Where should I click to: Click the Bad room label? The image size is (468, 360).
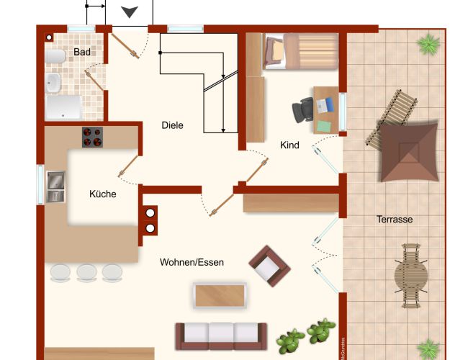(x=82, y=52)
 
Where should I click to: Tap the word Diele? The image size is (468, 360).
(x=172, y=125)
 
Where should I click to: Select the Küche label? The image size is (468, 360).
(x=103, y=194)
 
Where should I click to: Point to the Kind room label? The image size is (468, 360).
(x=289, y=145)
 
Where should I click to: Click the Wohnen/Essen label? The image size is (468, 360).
(x=192, y=262)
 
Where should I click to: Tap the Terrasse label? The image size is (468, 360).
(x=395, y=220)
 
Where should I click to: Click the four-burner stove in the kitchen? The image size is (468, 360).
(x=93, y=137)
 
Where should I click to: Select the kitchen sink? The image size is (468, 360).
(x=56, y=186)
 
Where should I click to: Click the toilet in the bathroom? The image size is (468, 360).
(x=55, y=56)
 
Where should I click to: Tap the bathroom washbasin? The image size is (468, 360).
(x=53, y=82)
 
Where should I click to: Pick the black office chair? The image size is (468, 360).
(x=302, y=110)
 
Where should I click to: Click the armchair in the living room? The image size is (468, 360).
(x=269, y=266)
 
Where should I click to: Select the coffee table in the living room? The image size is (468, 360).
(x=220, y=295)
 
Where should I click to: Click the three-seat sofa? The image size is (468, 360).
(x=221, y=336)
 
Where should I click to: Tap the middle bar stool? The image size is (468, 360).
(x=86, y=273)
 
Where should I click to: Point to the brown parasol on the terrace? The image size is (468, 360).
(x=409, y=152)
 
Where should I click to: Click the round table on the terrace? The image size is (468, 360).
(x=411, y=276)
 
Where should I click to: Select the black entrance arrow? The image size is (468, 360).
(x=130, y=12)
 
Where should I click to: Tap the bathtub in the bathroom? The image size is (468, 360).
(x=63, y=107)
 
